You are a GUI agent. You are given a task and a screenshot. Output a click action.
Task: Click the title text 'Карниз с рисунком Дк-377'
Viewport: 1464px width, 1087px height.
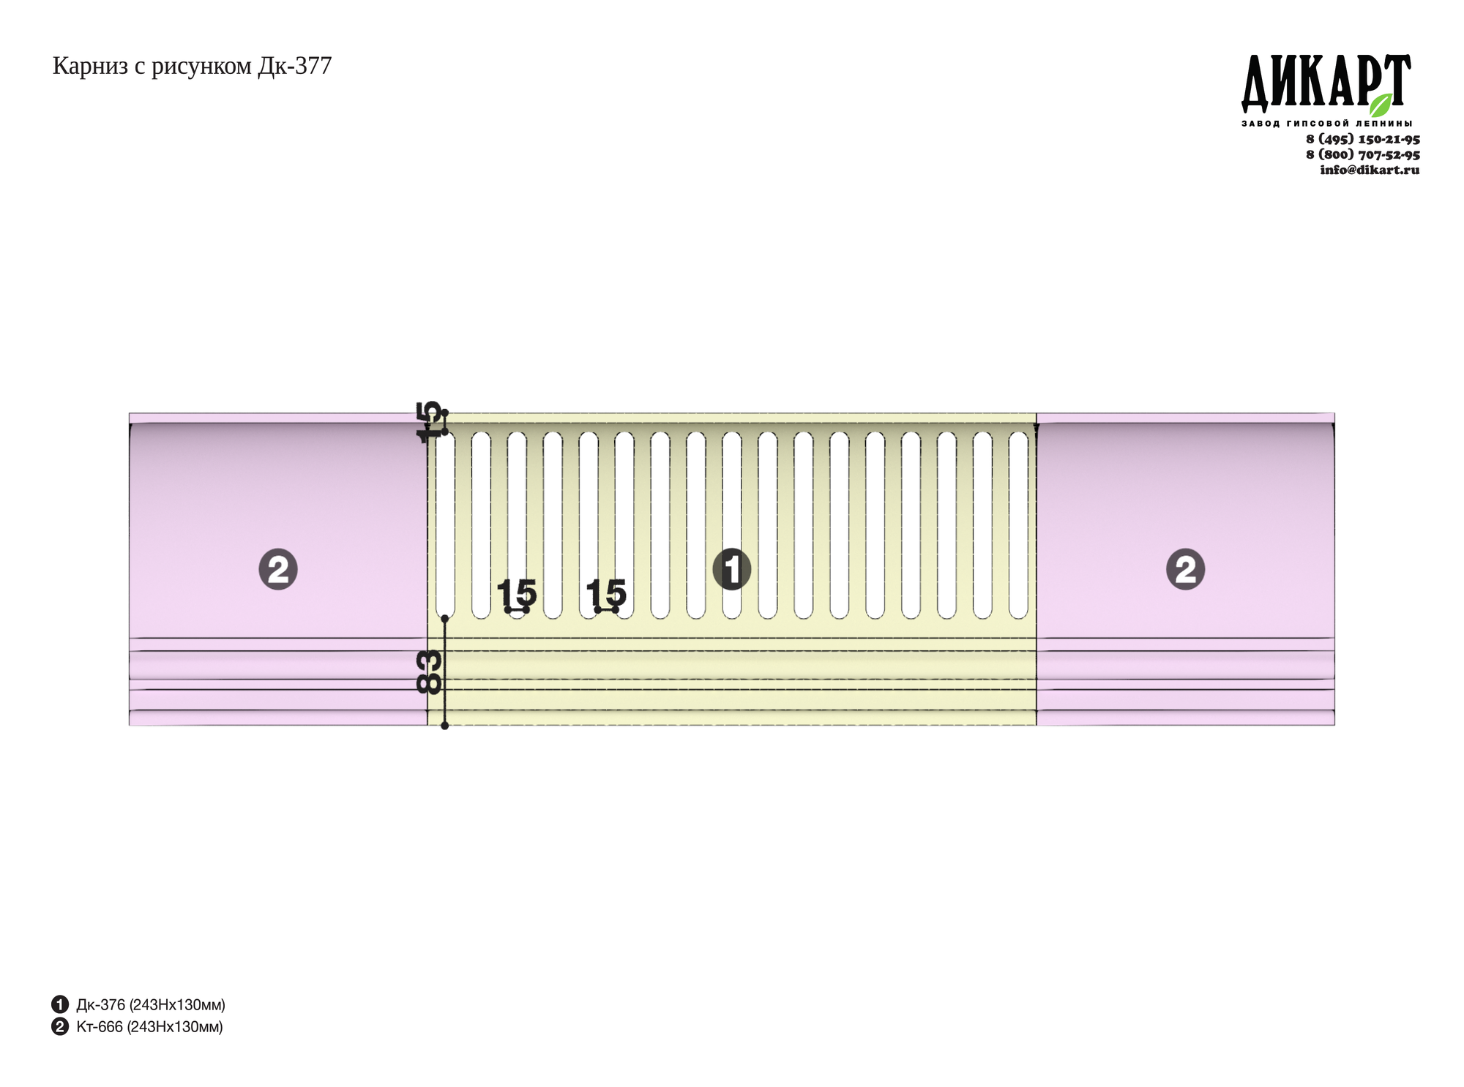pyautogui.click(x=192, y=67)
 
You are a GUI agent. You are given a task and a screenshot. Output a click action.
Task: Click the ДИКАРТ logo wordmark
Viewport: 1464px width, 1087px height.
pyautogui.click(x=1326, y=82)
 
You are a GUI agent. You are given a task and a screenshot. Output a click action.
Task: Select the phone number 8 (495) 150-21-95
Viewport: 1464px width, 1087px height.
pyautogui.click(x=1362, y=139)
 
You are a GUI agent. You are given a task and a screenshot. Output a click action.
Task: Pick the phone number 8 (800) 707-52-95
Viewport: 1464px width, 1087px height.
pyautogui.click(x=1362, y=154)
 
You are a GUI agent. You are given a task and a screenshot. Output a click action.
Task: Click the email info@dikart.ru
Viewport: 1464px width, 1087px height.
pyautogui.click(x=1369, y=170)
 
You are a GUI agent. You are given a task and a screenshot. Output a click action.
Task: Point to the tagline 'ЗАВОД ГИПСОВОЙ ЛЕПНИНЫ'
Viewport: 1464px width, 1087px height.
pyautogui.click(x=1326, y=123)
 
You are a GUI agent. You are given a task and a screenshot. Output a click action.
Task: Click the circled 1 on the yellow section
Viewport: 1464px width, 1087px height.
pyautogui.click(x=731, y=569)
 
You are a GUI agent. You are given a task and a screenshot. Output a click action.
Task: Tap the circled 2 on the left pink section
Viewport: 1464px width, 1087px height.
pyautogui.click(x=278, y=569)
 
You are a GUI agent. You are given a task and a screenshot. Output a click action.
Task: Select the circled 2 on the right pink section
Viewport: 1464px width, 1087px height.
pyautogui.click(x=1185, y=569)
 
